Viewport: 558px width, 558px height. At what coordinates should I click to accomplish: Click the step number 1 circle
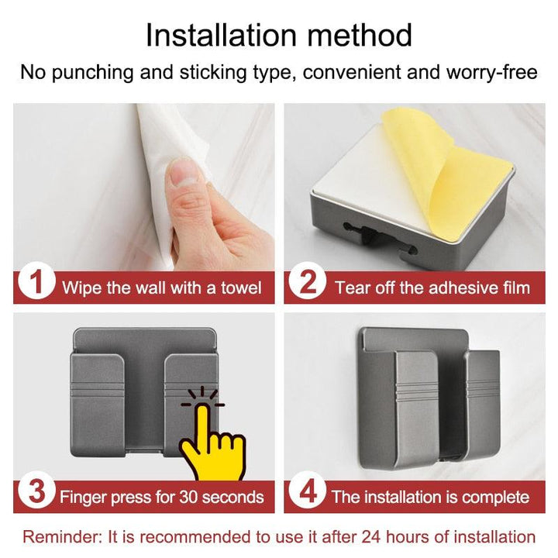(36, 281)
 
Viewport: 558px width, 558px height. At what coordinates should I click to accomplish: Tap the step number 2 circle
(308, 281)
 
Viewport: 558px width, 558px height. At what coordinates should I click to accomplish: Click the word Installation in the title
(222, 35)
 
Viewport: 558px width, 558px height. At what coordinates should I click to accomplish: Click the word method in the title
(360, 35)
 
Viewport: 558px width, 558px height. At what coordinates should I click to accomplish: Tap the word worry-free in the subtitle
(492, 72)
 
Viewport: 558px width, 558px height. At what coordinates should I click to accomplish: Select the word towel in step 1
(241, 288)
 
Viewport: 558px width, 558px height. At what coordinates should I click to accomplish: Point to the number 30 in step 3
(188, 497)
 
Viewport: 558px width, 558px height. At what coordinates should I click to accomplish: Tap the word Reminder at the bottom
(62, 537)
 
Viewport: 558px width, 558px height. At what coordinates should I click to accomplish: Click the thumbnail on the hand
(184, 171)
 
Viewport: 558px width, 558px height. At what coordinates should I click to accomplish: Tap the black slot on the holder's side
(379, 238)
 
